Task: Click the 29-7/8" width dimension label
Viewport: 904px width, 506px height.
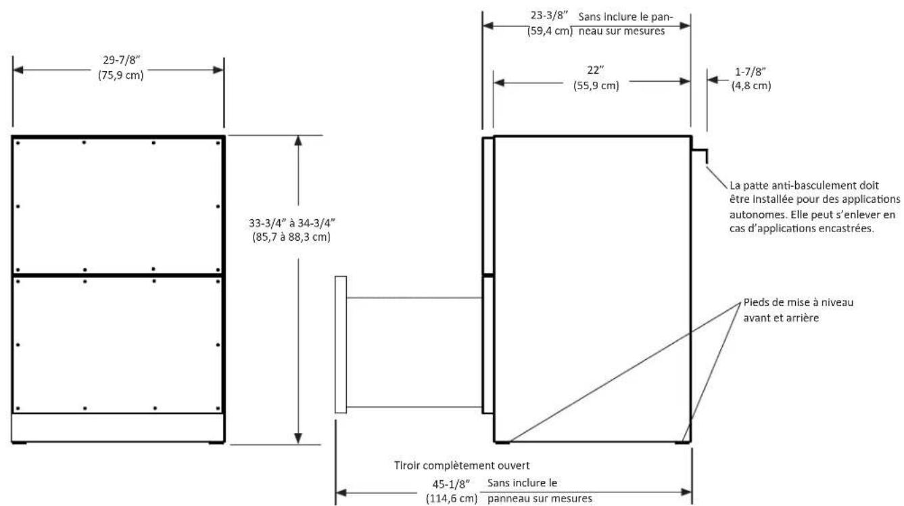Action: click(x=121, y=60)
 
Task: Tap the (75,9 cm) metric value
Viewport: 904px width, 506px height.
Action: click(x=120, y=75)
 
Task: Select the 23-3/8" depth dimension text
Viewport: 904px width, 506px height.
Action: click(x=549, y=16)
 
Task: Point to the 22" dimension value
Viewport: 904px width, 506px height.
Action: click(x=595, y=70)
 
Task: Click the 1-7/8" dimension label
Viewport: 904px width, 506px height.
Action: click(x=751, y=72)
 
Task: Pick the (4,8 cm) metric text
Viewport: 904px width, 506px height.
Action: click(x=751, y=86)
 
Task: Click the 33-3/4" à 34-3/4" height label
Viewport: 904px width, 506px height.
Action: click(x=292, y=223)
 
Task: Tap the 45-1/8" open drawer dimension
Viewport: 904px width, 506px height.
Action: click(x=451, y=484)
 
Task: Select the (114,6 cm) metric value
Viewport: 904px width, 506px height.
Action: click(x=452, y=499)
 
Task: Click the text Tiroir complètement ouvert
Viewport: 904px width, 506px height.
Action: click(x=462, y=465)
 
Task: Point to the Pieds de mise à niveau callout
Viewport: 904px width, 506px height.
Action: click(x=799, y=310)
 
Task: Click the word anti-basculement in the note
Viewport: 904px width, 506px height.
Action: click(x=825, y=185)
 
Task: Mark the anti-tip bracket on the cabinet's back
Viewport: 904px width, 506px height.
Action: click(x=699, y=156)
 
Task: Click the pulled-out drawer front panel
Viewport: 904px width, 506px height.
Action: click(x=341, y=344)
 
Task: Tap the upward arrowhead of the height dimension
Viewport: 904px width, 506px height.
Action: click(x=298, y=141)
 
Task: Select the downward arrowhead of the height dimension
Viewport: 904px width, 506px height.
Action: click(x=298, y=438)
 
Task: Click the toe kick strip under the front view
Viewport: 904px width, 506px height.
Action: click(x=118, y=428)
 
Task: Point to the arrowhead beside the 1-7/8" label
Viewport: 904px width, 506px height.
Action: click(x=712, y=80)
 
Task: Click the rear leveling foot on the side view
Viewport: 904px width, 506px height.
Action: click(x=682, y=442)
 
